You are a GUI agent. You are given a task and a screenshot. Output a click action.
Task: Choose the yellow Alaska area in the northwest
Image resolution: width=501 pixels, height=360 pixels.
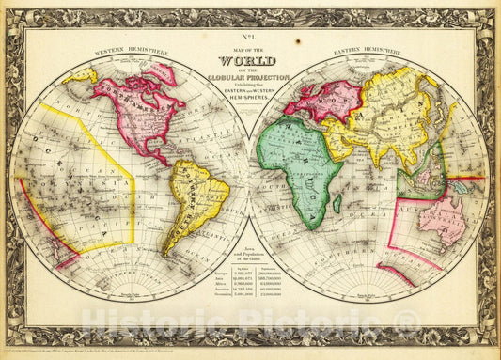click(x=83, y=74)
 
